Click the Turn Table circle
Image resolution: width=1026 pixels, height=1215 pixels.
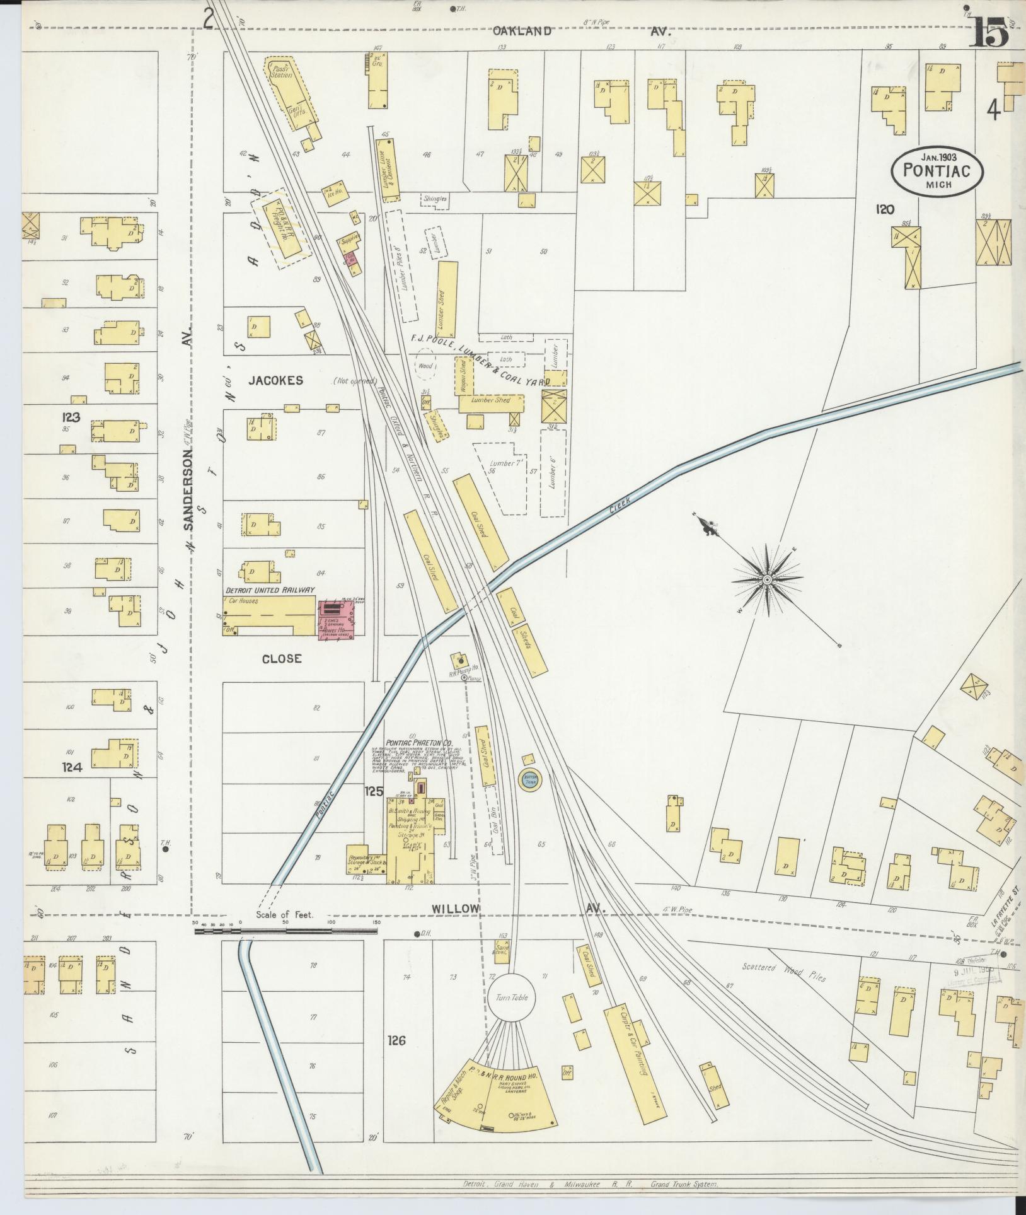click(511, 998)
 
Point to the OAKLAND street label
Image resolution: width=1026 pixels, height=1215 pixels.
click(522, 30)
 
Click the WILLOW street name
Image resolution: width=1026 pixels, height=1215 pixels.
click(456, 908)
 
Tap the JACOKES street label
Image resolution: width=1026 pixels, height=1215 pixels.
click(275, 380)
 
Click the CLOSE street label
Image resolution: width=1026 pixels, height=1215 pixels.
click(282, 658)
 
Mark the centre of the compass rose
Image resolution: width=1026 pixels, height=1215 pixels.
click(767, 579)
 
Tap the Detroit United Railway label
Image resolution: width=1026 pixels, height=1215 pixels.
click(270, 590)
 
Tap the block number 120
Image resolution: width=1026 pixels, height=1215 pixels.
click(885, 209)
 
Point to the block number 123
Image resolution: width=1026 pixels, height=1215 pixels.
click(71, 417)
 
